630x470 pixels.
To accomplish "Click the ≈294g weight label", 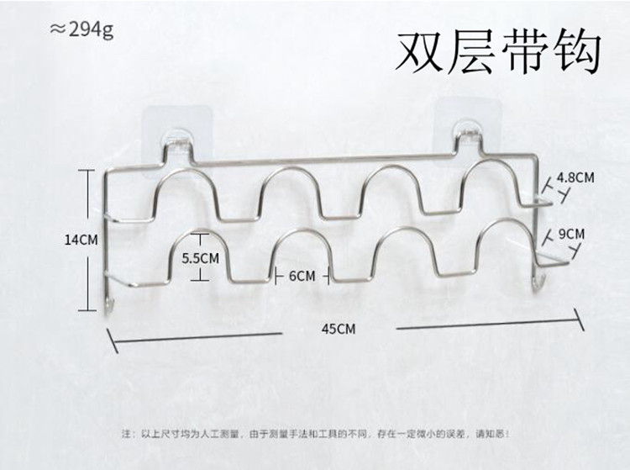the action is pos(81,30).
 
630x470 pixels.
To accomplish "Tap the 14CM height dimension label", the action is pos(81,240).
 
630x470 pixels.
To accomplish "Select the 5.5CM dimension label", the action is pos(201,259).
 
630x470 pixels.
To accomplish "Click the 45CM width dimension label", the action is pos(338,329).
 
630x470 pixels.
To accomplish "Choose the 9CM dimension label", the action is pos(570,233).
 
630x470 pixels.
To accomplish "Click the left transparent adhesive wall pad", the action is pos(178,133).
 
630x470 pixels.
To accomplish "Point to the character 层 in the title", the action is pos(472,54).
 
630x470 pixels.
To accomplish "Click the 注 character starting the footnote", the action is pos(126,435).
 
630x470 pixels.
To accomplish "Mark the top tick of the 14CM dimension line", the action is pos(90,169).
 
